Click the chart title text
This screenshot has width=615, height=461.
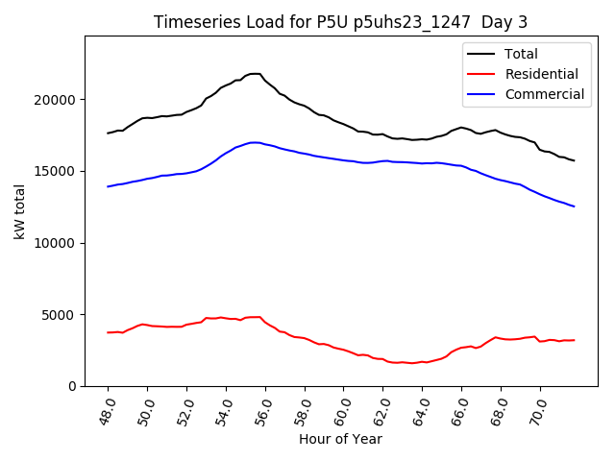[341, 22]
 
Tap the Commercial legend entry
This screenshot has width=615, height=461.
[545, 94]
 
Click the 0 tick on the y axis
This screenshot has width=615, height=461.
[73, 386]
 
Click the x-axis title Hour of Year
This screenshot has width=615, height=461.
[340, 439]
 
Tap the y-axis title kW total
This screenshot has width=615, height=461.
[20, 211]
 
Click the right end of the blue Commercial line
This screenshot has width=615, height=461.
[574, 206]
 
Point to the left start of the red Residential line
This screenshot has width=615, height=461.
[108, 332]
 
